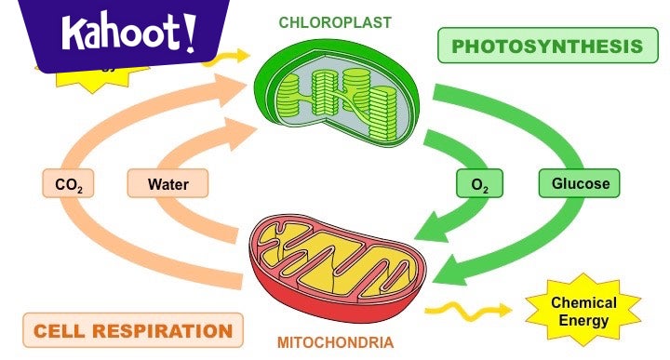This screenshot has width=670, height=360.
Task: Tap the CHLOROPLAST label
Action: (x=334, y=22)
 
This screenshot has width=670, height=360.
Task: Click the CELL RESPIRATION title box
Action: (x=133, y=330)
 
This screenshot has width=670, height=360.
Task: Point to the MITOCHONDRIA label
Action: (x=335, y=342)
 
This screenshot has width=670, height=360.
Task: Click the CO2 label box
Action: (x=69, y=184)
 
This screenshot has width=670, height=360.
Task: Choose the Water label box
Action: (x=168, y=184)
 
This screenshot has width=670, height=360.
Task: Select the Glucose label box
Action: (x=580, y=183)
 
